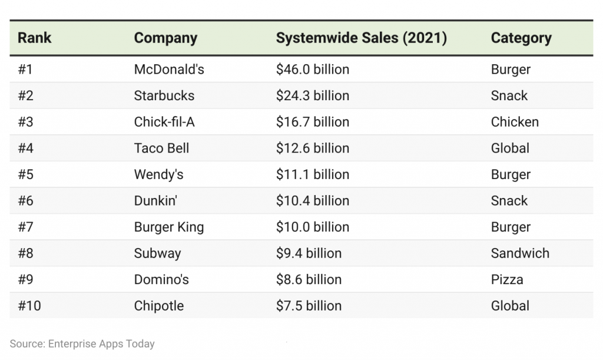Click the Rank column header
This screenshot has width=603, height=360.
[x=34, y=38]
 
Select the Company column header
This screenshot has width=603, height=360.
[x=165, y=38]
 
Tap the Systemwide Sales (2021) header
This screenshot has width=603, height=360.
[x=361, y=38]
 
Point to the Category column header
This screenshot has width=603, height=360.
[x=521, y=38]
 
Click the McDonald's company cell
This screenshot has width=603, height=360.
[x=169, y=70]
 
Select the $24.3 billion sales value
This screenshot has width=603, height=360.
[x=312, y=95]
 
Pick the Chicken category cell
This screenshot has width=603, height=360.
[x=514, y=122]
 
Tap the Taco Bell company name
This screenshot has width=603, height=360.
[x=161, y=148]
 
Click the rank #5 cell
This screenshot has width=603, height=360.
[x=26, y=174]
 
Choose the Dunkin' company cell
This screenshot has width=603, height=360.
[x=155, y=201]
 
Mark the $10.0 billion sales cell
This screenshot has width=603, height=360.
[x=312, y=227]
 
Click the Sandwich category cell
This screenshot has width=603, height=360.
[x=519, y=253]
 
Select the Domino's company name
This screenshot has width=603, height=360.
[x=161, y=279]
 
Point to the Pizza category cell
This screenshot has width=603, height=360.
[x=506, y=279]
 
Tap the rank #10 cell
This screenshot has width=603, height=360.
[x=29, y=306]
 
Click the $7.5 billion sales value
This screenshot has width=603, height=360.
[x=309, y=306]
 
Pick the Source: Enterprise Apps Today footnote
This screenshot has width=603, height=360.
[x=82, y=344]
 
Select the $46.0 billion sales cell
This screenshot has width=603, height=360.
[x=312, y=70]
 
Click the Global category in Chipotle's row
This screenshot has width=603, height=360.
[x=509, y=306]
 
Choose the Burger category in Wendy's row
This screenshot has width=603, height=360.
[x=510, y=174]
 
